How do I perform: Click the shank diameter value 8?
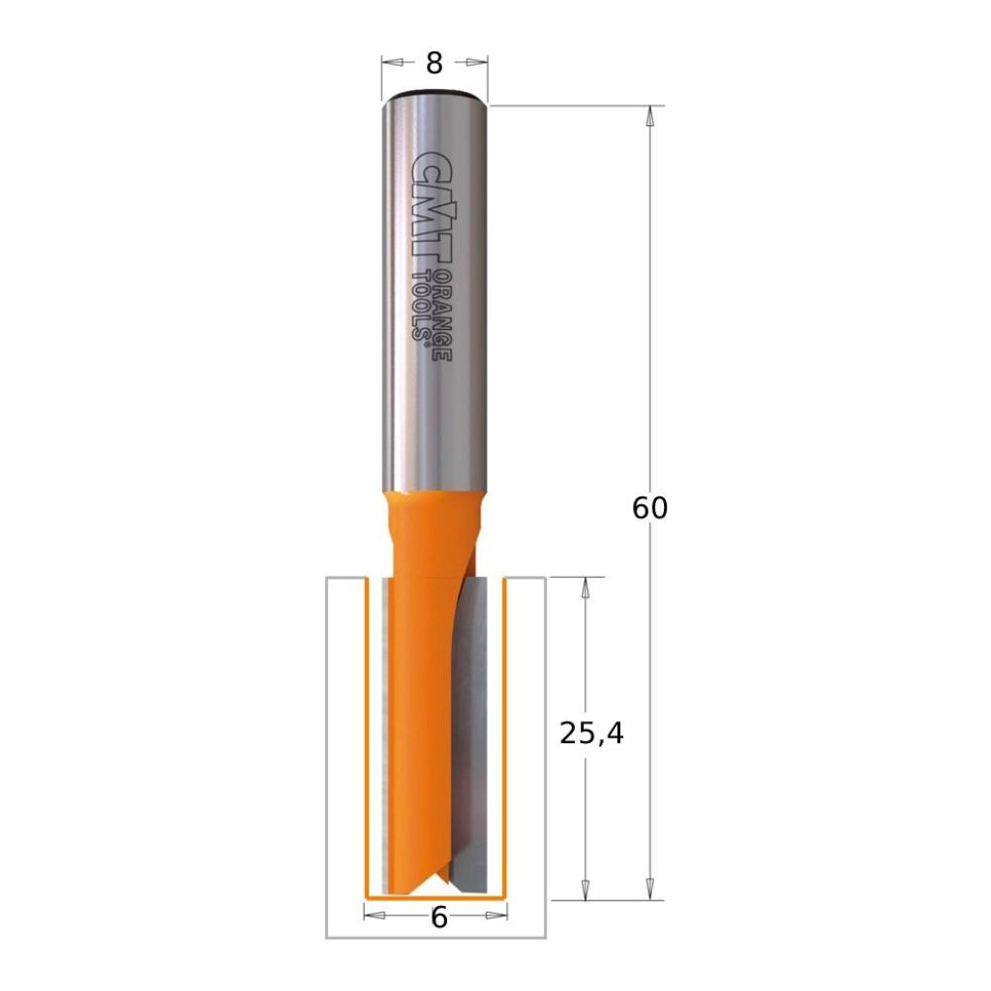pos(434,63)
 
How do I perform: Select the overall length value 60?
pos(649,507)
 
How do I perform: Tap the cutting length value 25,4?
pos(592,735)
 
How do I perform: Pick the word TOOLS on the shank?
pos(422,305)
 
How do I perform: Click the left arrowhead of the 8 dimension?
pos(392,63)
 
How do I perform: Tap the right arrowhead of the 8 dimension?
pos(477,63)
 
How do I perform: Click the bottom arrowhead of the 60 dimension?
pos(649,888)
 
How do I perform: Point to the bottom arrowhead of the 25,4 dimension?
pos(585,888)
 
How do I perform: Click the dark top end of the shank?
pos(434,94)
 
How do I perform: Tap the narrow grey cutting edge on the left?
pos(387,736)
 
